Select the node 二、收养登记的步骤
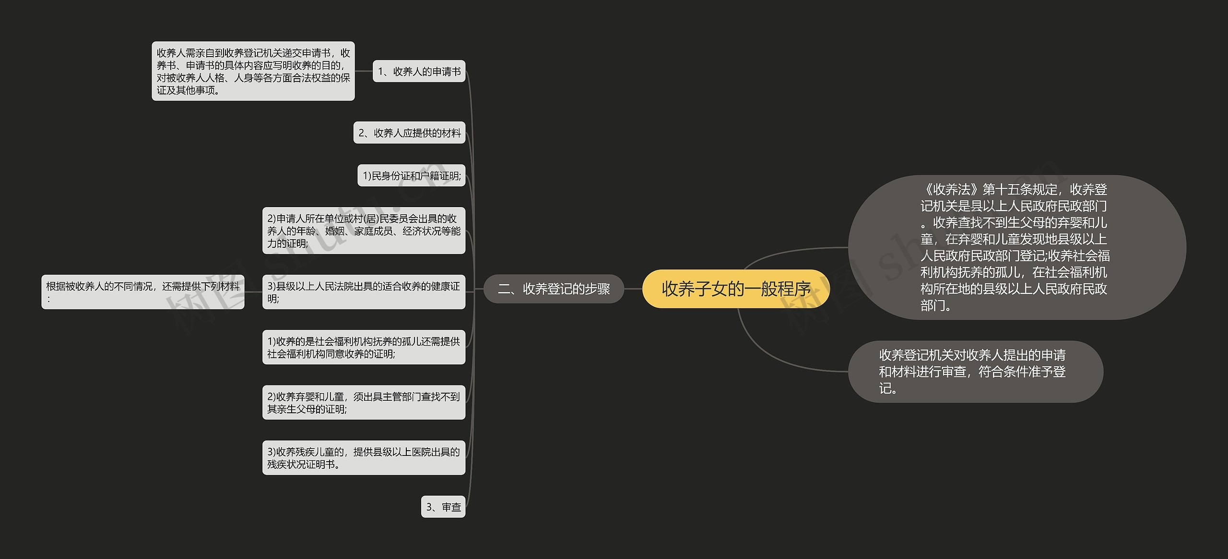click(x=554, y=289)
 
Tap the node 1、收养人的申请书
click(x=419, y=71)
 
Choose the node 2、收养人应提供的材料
click(x=409, y=133)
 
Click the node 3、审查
click(x=443, y=507)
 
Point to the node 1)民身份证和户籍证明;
click(x=411, y=176)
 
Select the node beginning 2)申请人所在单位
click(x=364, y=231)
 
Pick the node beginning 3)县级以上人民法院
click(x=364, y=292)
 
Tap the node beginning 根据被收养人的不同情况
click(x=142, y=292)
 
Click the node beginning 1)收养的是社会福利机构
click(x=364, y=347)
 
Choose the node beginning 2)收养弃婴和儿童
click(x=364, y=402)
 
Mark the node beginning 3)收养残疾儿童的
click(x=364, y=457)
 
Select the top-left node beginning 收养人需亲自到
click(x=253, y=71)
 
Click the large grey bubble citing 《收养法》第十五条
click(x=1017, y=247)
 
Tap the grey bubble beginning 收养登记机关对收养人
click(x=975, y=372)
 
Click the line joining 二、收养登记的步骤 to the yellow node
click(x=633, y=289)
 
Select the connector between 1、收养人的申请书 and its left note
click(x=364, y=71)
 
